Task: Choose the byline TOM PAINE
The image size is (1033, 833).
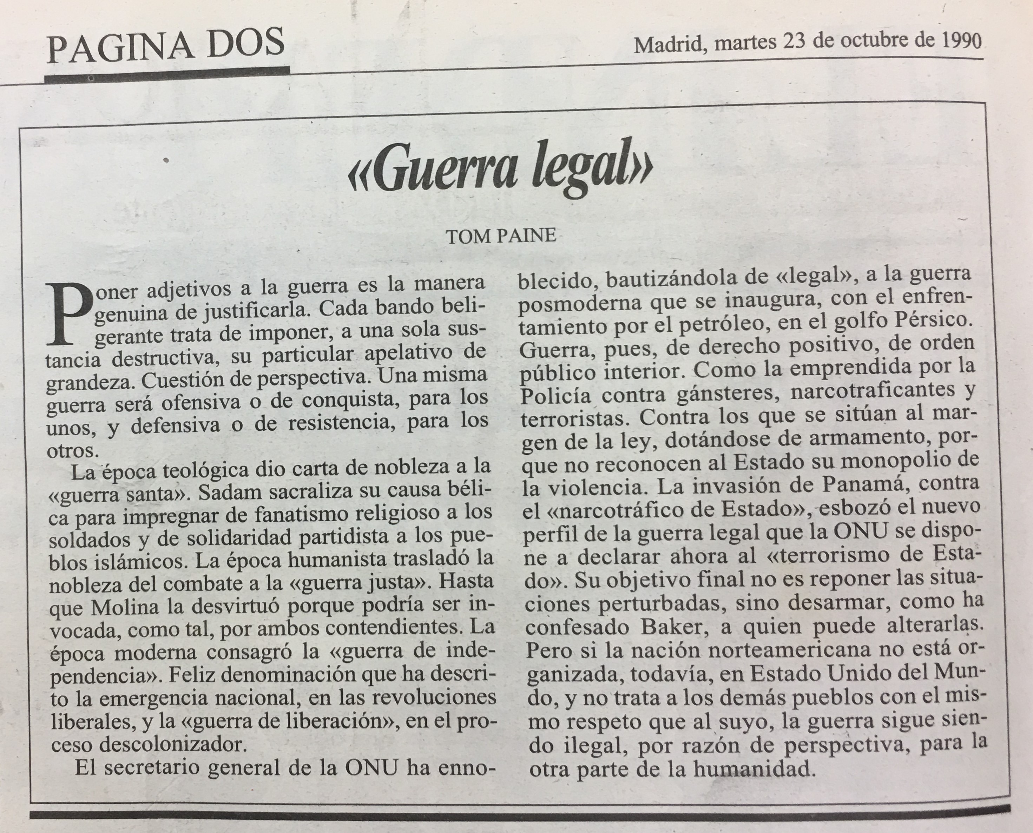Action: (x=501, y=236)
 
